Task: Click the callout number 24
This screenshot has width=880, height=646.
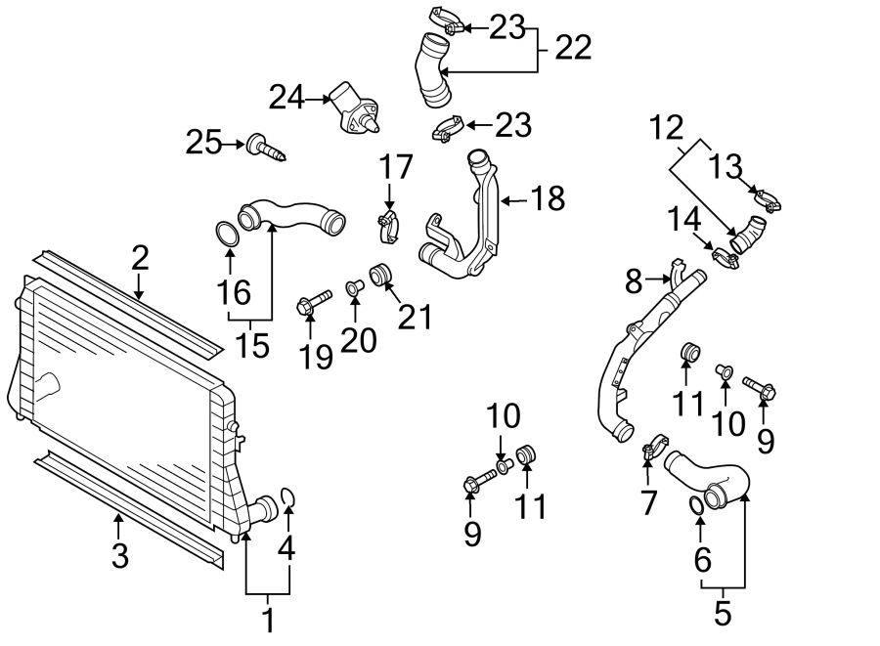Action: pos(286,97)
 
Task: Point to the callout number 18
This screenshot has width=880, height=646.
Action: pos(548,199)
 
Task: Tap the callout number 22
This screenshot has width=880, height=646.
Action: pos(573,47)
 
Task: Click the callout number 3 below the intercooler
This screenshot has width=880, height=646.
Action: pos(119,556)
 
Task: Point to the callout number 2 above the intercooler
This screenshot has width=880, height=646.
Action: pos(140,258)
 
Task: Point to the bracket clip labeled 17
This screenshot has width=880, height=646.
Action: pos(390,226)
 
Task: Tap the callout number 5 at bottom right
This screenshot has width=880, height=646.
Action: pos(723,614)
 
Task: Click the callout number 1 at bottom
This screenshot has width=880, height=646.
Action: pos(267,619)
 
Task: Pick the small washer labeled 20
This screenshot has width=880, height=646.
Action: pos(353,287)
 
